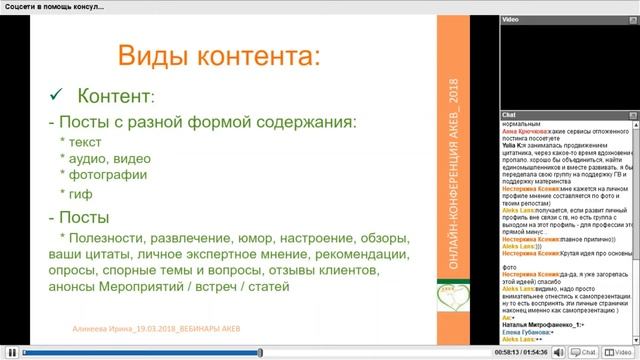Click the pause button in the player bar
(10, 352)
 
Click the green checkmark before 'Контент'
(58, 95)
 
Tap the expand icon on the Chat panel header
(633, 115)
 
